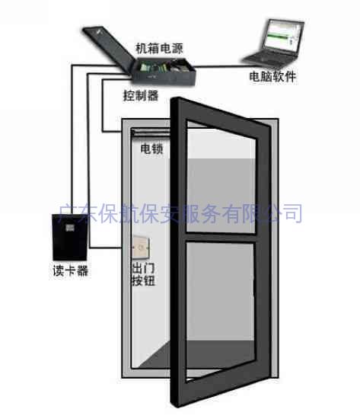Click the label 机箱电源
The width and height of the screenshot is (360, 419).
click(159, 49)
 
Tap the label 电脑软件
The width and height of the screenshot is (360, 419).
click(272, 77)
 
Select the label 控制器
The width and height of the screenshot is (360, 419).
click(141, 95)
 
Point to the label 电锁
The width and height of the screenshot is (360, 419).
click(151, 149)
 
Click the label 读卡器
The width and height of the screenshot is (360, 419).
click(71, 270)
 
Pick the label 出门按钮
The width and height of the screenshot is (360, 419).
click(143, 274)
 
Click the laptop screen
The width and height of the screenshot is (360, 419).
click(284, 37)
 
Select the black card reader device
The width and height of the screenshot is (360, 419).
click(69, 237)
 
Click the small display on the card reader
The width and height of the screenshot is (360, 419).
click(70, 228)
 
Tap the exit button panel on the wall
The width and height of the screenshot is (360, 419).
click(141, 248)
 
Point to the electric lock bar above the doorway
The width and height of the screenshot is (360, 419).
click(151, 132)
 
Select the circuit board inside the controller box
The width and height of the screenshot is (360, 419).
click(150, 67)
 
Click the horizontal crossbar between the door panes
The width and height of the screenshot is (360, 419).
click(221, 238)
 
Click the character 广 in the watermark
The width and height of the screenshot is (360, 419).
click(67, 213)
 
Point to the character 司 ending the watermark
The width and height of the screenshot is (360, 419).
click(292, 213)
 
